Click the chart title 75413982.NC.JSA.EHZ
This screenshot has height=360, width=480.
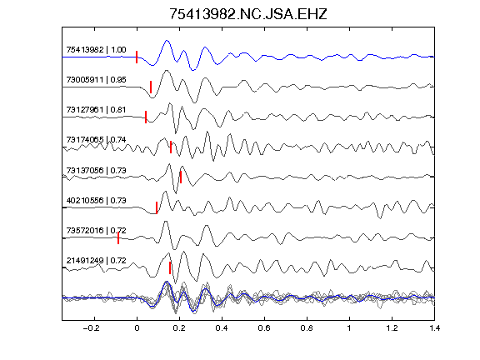pyautogui.click(x=248, y=14)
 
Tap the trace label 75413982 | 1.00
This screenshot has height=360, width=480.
pyautogui.click(x=96, y=50)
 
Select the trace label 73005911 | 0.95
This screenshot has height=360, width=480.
pyautogui.click(x=96, y=80)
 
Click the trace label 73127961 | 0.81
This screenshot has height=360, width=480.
pyautogui.click(x=96, y=110)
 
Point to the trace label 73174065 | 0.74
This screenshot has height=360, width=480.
pyautogui.click(x=96, y=140)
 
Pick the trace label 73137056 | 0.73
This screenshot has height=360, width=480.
pyautogui.click(x=96, y=170)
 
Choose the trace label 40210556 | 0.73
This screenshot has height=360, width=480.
pyautogui.click(x=96, y=200)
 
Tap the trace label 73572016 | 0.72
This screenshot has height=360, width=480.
pyautogui.click(x=96, y=230)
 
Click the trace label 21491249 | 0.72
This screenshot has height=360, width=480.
pyautogui.click(x=96, y=261)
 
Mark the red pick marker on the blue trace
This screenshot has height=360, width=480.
pyautogui.click(x=137, y=57)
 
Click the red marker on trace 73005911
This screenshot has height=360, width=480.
pyautogui.click(x=151, y=87)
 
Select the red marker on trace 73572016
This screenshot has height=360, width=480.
pyautogui.click(x=118, y=237)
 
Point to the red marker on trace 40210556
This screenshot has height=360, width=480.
pyautogui.click(x=157, y=207)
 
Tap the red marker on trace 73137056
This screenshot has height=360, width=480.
pyautogui.click(x=181, y=177)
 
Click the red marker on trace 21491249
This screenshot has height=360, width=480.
pyautogui.click(x=170, y=267)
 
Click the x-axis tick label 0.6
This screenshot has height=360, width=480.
pyautogui.click(x=264, y=328)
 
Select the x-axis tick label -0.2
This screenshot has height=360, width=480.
pyautogui.click(x=92, y=328)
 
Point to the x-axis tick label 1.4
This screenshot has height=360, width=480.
pyautogui.click(x=434, y=328)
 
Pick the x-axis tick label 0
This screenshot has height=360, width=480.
pyautogui.click(x=137, y=328)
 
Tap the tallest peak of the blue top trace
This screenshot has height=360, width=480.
pyautogui.click(x=167, y=40)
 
